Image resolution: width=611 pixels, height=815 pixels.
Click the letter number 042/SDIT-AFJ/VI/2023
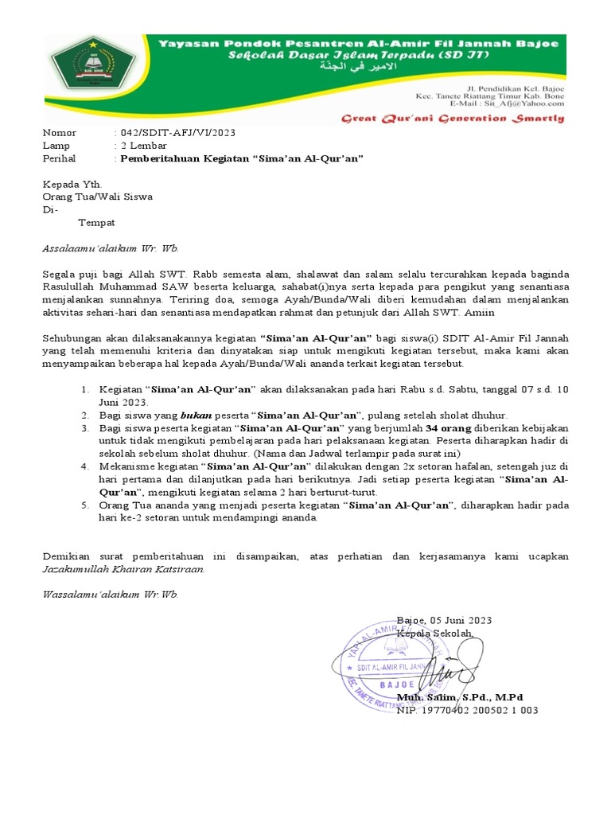click(x=177, y=133)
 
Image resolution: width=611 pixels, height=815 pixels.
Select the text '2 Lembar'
click(x=143, y=146)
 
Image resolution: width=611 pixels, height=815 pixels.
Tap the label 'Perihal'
click(x=60, y=158)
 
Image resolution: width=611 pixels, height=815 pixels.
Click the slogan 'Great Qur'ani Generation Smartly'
click(x=453, y=119)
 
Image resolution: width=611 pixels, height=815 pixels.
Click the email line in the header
click(x=507, y=103)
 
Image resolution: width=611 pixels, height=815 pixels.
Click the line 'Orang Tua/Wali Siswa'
click(x=97, y=197)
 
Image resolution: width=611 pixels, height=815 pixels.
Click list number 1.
click(x=85, y=390)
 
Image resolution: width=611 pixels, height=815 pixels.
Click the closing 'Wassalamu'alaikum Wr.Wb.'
click(x=110, y=594)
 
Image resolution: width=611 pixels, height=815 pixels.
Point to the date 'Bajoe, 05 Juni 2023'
click(x=444, y=620)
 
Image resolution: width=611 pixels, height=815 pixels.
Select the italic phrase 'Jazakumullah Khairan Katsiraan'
click(x=123, y=569)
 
